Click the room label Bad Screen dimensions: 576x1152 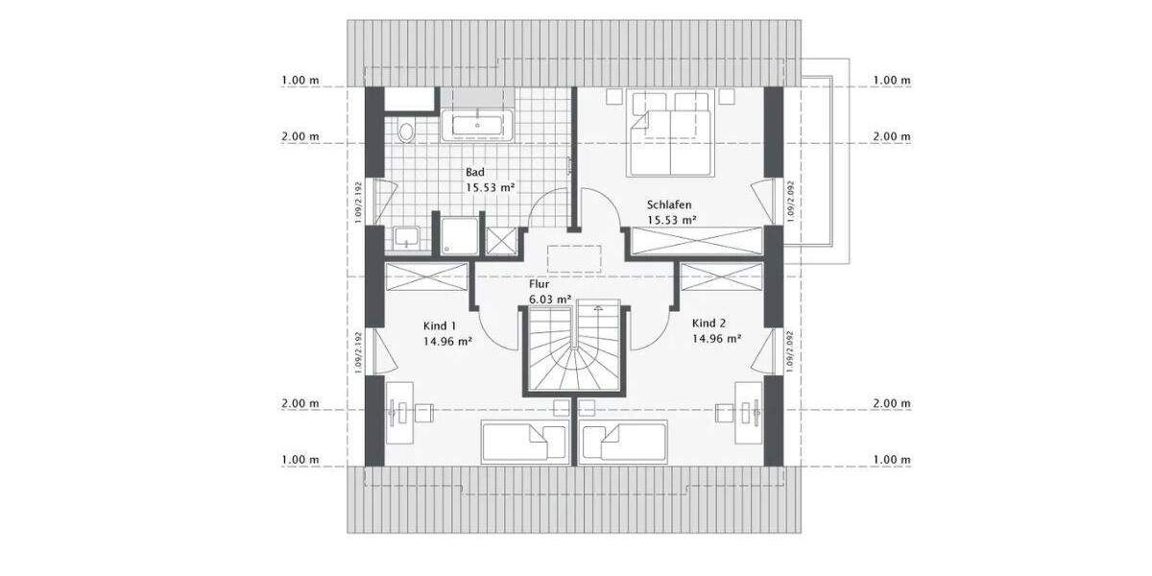tap(474, 172)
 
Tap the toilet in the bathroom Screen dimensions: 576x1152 tap(406, 132)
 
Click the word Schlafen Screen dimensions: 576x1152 tap(669, 205)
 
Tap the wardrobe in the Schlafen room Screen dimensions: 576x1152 tap(695, 241)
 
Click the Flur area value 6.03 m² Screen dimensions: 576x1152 tap(550, 299)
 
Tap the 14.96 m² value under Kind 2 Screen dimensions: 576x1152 tap(716, 338)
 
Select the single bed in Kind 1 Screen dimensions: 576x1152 tap(524, 444)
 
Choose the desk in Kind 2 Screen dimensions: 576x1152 tap(750, 413)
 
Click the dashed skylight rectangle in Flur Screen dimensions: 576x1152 tap(575, 259)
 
